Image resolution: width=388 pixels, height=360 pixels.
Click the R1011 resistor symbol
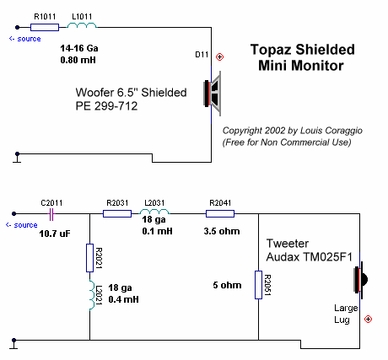coord(45,27)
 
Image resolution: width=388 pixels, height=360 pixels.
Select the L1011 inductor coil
coord(82,25)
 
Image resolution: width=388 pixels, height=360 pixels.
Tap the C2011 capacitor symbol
coord(51,214)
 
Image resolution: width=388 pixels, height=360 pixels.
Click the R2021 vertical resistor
coord(89,258)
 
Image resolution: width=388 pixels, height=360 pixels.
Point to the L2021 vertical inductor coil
coord(92,295)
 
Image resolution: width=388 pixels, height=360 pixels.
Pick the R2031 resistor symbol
coord(117,214)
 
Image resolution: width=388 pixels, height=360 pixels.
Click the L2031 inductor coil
coord(154,212)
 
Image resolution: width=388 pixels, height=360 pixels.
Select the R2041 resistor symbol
coord(220,214)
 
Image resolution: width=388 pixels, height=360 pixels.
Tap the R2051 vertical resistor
coord(258,285)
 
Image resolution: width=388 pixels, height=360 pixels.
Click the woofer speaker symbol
coord(213,94)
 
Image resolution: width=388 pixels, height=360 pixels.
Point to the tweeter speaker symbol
coord(360,280)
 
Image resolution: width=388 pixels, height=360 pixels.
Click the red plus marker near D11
coord(219,57)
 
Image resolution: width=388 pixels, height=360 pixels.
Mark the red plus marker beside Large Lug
coord(368,320)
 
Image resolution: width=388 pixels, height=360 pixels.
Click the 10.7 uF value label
coord(55,234)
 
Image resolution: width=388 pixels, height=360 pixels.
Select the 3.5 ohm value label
coord(222,231)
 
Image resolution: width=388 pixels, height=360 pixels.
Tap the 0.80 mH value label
coord(78,60)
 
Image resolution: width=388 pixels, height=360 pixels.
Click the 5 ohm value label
coord(227,285)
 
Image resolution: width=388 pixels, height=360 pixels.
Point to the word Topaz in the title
coord(271,50)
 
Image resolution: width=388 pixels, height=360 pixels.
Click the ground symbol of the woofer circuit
coord(17,158)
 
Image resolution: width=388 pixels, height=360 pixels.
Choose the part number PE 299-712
coord(106,106)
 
